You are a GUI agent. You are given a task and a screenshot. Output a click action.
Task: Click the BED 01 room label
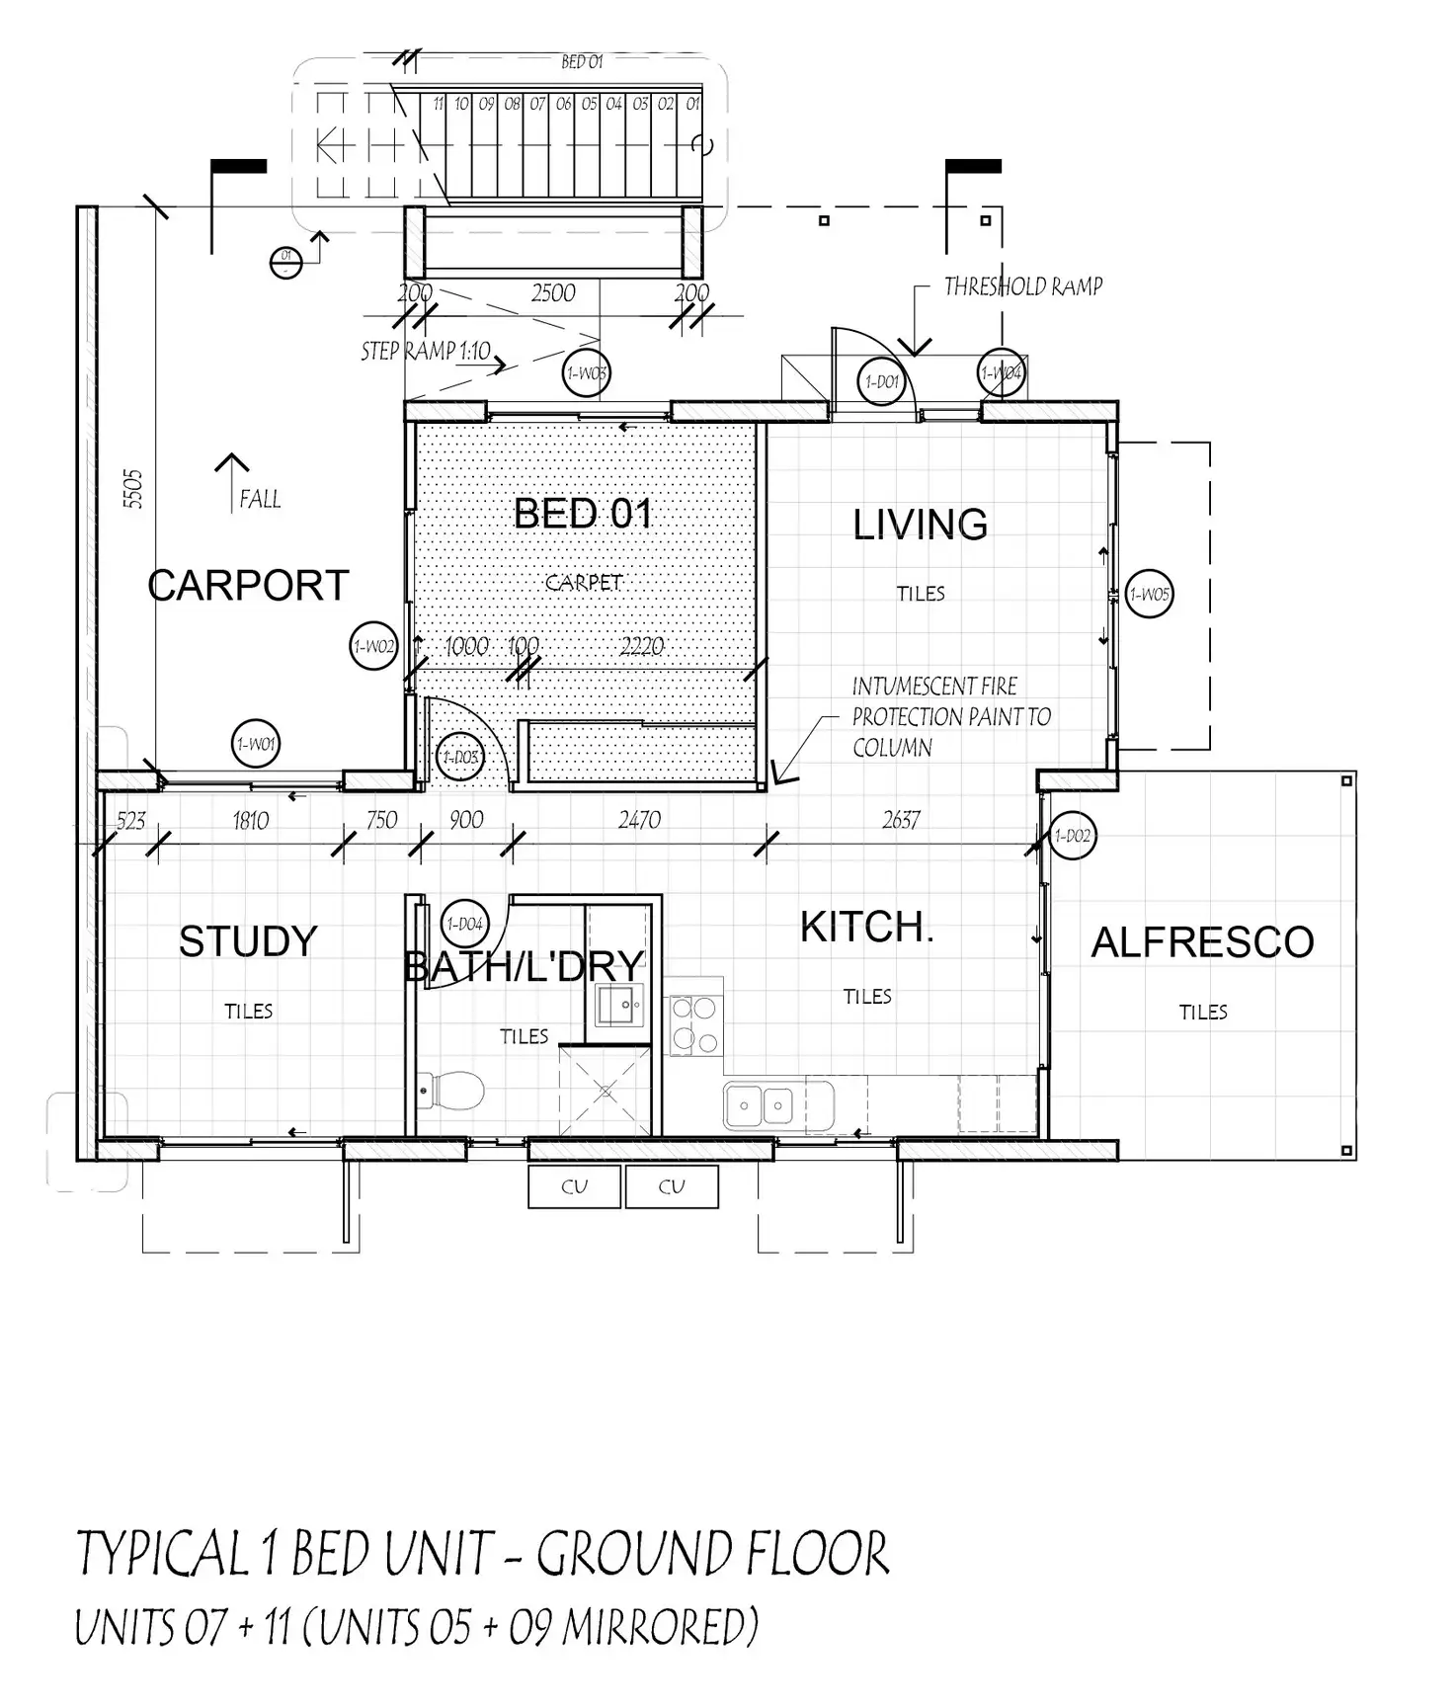coord(583,514)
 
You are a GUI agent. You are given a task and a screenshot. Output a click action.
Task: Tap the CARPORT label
coord(248,586)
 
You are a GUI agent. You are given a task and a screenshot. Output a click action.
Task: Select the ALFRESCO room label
coord(1202,942)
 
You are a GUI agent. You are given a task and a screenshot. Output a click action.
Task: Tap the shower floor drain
coord(606,1092)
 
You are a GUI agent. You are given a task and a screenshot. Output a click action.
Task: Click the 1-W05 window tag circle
coord(1149,595)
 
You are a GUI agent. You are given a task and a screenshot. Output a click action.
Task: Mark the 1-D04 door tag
coord(464,924)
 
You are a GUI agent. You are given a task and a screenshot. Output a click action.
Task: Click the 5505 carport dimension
coord(133,489)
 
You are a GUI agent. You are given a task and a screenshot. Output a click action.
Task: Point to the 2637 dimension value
coord(901,820)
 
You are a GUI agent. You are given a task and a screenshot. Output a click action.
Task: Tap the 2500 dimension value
coord(552,293)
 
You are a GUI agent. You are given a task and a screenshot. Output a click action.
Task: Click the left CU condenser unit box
coord(574,1186)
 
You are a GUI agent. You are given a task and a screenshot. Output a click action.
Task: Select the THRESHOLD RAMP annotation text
coord(1022,286)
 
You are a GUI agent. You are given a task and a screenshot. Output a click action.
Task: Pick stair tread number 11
coord(438,104)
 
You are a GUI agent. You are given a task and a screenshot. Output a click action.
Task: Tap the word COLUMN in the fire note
coord(892,748)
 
